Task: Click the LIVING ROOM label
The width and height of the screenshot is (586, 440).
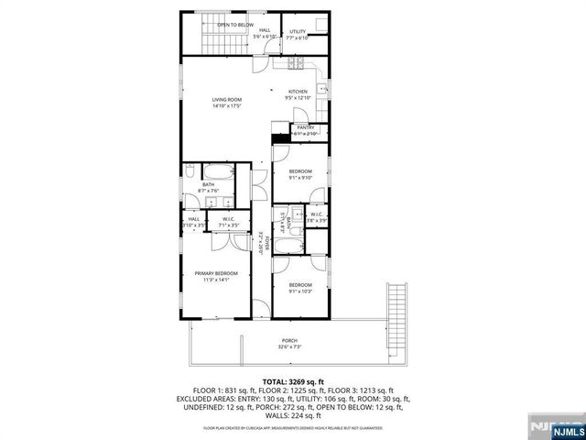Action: (x=226, y=99)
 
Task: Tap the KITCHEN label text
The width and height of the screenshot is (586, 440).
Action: (x=298, y=92)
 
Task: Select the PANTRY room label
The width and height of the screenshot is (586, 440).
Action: (x=305, y=127)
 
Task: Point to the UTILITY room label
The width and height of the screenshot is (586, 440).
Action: (x=298, y=32)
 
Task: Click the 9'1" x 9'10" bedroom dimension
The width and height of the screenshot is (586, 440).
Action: (x=301, y=179)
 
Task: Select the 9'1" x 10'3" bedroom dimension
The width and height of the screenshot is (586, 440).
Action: (x=301, y=292)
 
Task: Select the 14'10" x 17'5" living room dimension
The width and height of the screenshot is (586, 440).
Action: (x=226, y=106)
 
